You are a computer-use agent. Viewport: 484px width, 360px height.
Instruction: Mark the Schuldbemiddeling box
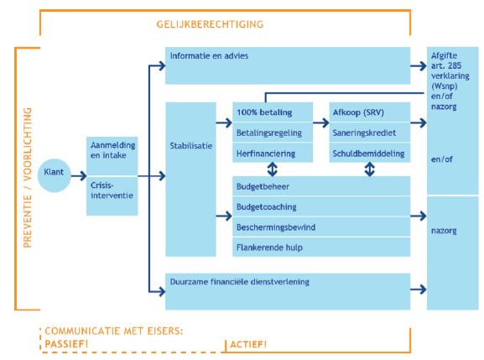coord(369,153)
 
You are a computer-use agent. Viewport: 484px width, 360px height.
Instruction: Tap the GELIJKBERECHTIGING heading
coord(210,23)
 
